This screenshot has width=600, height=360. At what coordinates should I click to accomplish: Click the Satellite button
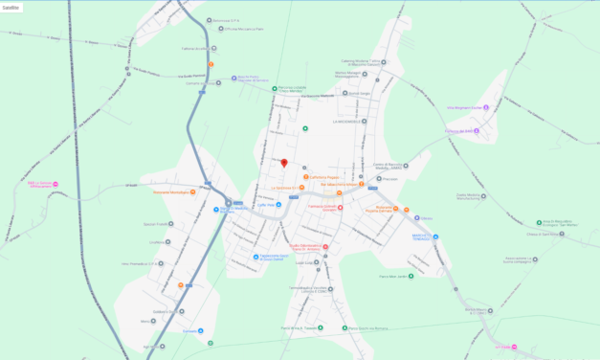(x=11, y=7)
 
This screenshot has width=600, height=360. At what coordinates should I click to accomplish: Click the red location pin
(x=283, y=163)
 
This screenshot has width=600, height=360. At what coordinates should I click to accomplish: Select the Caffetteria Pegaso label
(x=322, y=177)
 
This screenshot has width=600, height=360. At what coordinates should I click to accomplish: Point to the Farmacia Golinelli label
(x=322, y=207)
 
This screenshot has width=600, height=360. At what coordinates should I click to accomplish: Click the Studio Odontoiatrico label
(x=302, y=246)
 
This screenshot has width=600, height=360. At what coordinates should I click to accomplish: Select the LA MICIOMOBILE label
(x=344, y=122)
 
